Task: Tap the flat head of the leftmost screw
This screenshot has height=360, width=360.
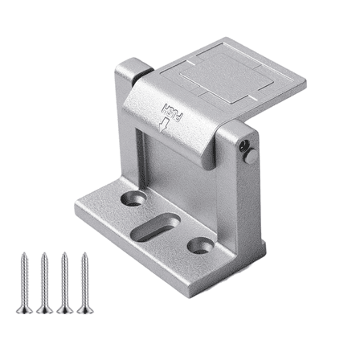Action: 22,311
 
